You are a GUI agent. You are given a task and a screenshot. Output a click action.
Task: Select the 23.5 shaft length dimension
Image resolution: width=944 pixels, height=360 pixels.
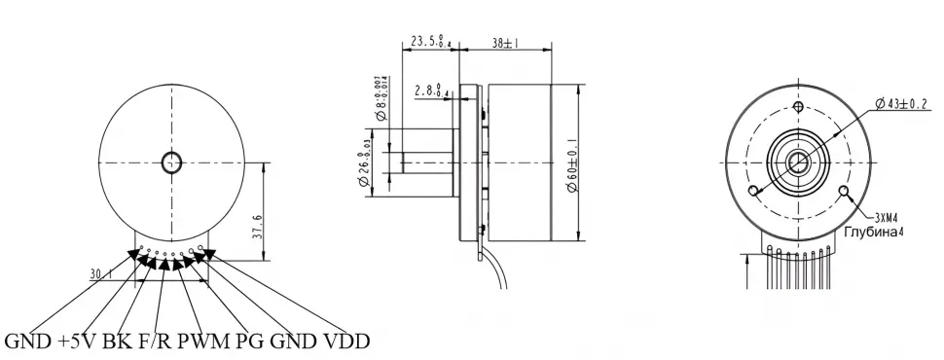click(429, 42)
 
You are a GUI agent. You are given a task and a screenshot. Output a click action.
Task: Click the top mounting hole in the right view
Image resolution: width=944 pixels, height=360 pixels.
click(798, 106)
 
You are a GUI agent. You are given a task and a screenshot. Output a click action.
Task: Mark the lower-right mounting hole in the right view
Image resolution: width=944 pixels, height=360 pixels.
click(844, 190)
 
